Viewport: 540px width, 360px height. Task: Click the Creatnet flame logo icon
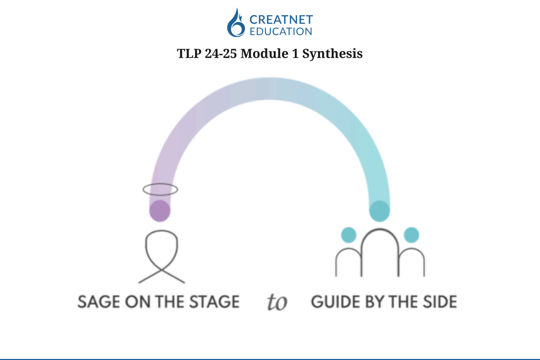point(236,23)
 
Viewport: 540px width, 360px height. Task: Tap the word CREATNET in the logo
point(281,20)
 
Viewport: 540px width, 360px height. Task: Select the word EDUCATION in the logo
point(281,31)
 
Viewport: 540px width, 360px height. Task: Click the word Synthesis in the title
point(332,54)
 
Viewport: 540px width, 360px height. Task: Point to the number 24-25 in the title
point(221,53)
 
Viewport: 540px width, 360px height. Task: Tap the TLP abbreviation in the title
point(189,53)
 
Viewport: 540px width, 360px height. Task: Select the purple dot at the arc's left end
point(160,211)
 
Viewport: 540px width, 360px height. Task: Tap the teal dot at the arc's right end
point(380,211)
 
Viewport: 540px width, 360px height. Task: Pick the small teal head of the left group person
point(349,235)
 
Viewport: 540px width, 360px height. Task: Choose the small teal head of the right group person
point(411,235)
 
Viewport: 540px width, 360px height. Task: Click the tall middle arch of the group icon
point(380,230)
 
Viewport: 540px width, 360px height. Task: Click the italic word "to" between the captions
point(277,302)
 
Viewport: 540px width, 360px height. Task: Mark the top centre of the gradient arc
point(269,89)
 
